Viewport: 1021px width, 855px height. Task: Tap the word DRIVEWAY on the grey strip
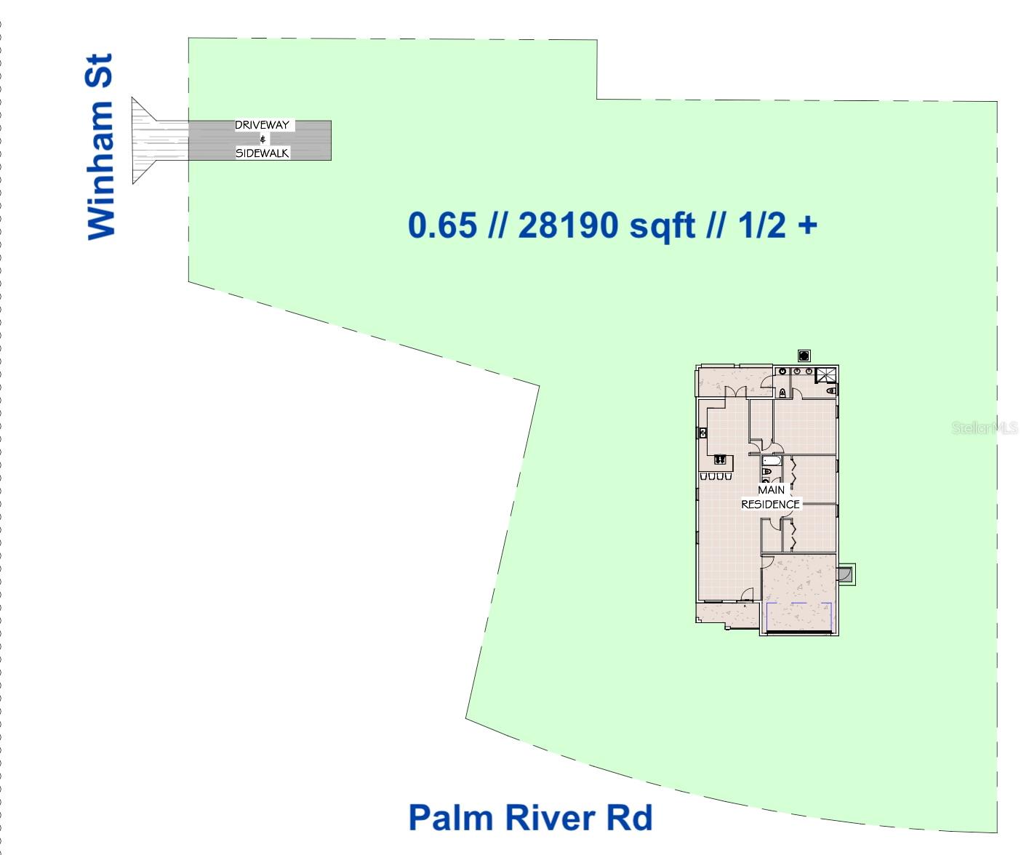point(262,125)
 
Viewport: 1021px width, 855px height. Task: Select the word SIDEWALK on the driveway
point(262,153)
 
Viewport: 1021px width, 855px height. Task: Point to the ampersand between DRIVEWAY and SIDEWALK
point(263,139)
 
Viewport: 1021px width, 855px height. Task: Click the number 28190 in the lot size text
point(570,225)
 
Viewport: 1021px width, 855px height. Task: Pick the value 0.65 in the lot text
point(442,225)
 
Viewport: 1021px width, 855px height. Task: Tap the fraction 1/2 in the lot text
point(761,225)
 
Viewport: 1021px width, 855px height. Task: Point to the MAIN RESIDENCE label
point(770,497)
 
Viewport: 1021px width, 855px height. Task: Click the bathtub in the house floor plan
point(771,460)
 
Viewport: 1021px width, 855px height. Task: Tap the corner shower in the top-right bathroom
point(826,375)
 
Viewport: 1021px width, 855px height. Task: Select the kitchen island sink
point(720,459)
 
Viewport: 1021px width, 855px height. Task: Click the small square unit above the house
point(804,356)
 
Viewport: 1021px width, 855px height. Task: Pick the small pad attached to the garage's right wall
point(846,574)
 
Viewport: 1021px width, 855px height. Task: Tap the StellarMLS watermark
point(985,428)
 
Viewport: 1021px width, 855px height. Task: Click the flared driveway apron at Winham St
point(149,140)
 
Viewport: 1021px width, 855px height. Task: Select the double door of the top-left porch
point(736,391)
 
